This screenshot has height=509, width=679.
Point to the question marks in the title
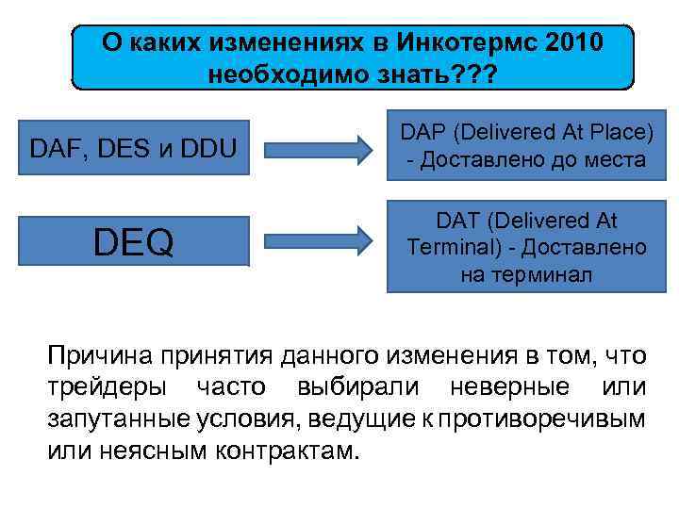click(483, 74)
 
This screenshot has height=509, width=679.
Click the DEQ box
click(133, 243)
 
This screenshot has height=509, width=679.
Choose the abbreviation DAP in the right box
click(428, 135)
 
